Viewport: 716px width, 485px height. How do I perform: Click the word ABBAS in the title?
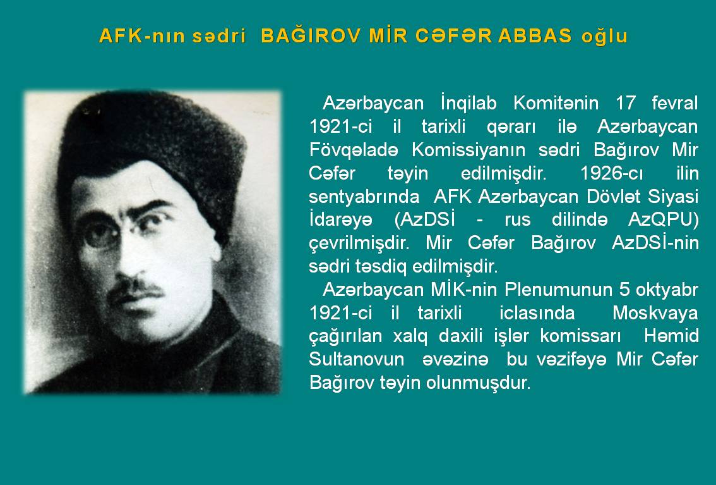click(535, 35)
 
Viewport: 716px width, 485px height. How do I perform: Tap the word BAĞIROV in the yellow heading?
click(311, 35)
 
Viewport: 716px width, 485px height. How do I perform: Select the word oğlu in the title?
click(605, 37)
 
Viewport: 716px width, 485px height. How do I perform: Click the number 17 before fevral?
click(626, 103)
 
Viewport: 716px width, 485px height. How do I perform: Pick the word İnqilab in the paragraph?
click(468, 103)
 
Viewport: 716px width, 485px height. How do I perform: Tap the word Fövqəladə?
click(354, 149)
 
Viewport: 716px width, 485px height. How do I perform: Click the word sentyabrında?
click(364, 197)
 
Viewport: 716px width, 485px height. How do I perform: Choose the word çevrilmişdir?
click(359, 243)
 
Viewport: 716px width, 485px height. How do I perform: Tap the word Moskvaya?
click(655, 313)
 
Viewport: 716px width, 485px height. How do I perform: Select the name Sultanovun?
click(357, 359)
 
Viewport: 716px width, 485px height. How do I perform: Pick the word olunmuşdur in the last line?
click(478, 383)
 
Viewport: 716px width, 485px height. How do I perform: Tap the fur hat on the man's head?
click(151, 146)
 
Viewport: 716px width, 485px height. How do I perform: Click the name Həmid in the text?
click(671, 336)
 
